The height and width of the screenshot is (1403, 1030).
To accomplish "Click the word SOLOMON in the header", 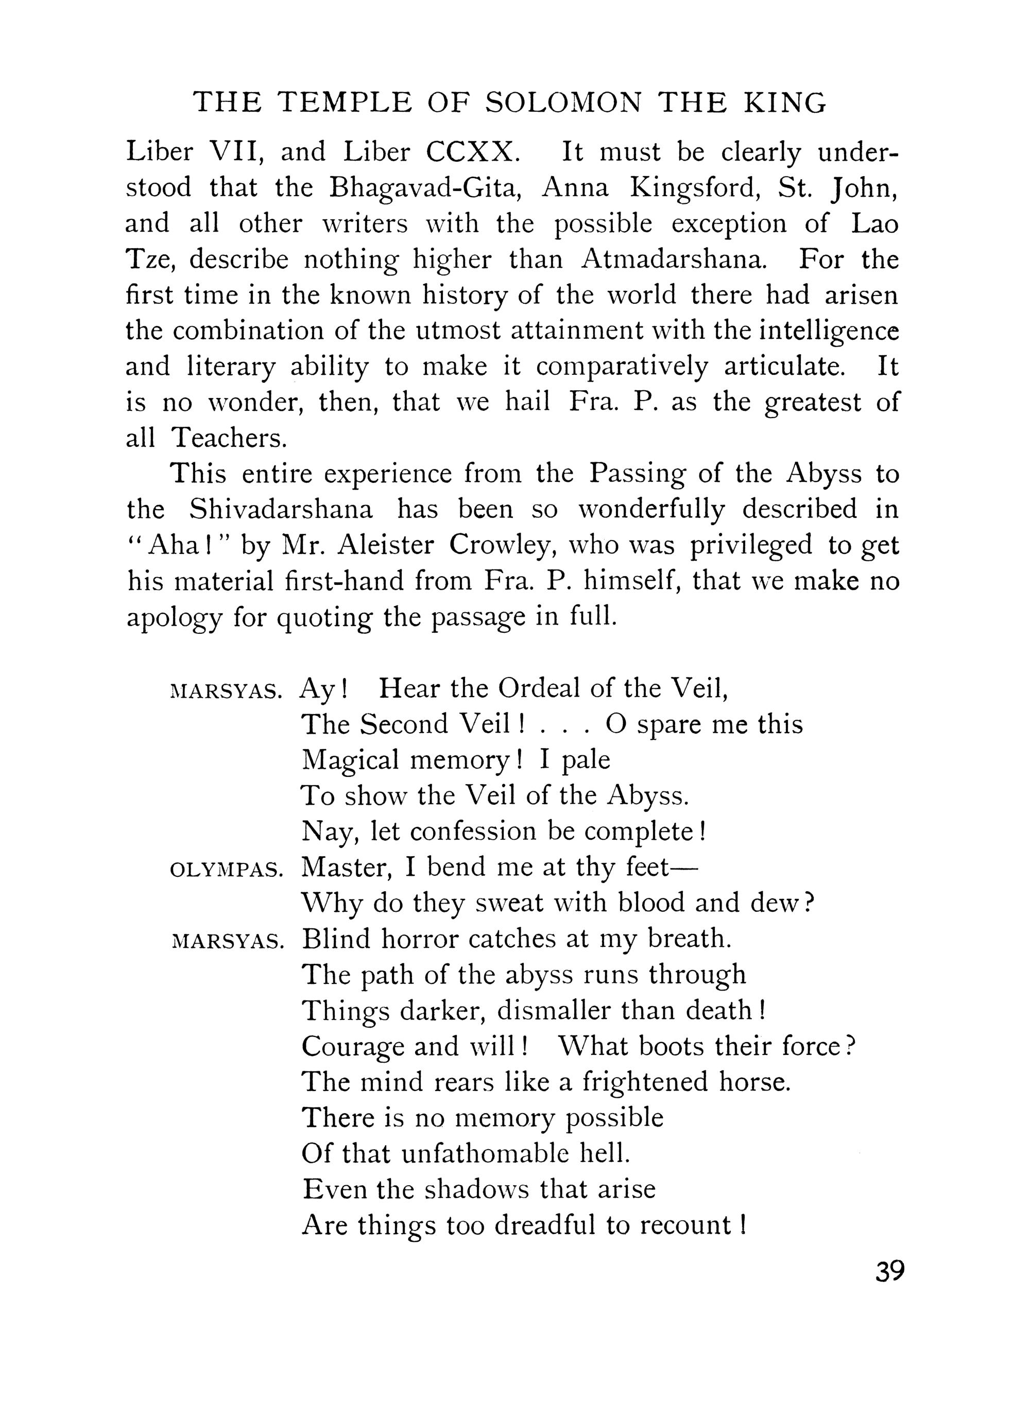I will [563, 103].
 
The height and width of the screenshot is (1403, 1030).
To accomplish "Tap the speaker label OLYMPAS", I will [227, 871].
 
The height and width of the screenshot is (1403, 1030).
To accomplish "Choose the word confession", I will [474, 831].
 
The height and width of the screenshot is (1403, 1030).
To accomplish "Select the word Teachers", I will [230, 438].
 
